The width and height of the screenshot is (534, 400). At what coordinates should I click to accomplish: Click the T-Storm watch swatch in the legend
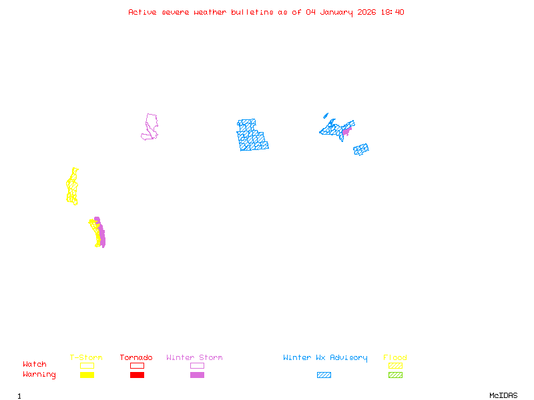[87, 365]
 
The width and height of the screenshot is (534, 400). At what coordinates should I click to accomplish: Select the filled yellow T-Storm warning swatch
[87, 375]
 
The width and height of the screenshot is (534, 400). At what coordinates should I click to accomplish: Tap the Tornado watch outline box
[137, 365]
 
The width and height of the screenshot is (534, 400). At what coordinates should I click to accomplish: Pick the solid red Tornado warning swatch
[137, 375]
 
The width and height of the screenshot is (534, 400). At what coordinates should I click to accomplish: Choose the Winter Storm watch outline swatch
[197, 365]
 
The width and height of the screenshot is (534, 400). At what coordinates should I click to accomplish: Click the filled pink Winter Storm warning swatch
[197, 375]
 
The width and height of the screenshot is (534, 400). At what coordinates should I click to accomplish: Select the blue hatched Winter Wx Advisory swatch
[324, 375]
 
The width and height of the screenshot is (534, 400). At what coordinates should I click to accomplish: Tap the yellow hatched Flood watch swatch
[395, 365]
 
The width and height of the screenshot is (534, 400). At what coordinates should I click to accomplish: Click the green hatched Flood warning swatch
[395, 375]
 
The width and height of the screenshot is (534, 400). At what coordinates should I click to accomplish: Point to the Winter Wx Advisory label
[325, 357]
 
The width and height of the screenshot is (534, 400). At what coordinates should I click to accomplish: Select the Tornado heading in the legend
[136, 357]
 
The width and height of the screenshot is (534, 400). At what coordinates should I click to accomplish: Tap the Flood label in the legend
[395, 357]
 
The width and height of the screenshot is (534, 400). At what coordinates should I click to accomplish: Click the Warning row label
[39, 375]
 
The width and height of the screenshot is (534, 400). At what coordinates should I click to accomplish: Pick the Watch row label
[35, 365]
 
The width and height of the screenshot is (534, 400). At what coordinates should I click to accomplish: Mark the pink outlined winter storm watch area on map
[151, 127]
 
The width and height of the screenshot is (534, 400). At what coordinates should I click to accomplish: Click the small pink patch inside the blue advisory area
[346, 131]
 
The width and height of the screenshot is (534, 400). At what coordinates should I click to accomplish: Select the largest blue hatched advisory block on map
[252, 135]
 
